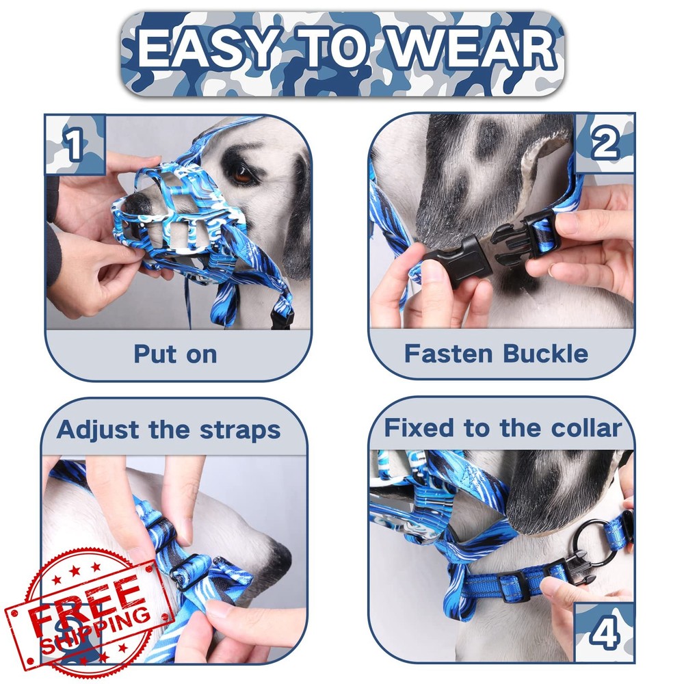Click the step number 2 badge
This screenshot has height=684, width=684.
tap(605, 144)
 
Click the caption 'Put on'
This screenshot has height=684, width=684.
tap(175, 354)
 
